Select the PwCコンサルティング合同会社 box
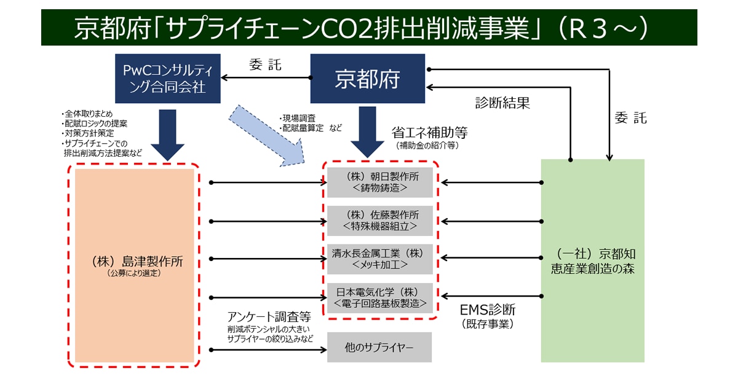click(169, 79)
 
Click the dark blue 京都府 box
click(367, 79)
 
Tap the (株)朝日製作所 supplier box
click(379, 182)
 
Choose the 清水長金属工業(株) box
click(379, 259)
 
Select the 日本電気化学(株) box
click(379, 297)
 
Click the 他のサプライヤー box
click(379, 348)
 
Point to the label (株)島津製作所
click(133, 262)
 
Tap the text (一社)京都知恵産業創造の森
click(592, 261)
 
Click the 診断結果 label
click(502, 103)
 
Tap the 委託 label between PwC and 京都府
click(265, 65)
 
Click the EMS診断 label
click(488, 309)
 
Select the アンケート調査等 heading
click(269, 316)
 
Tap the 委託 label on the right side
click(630, 118)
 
